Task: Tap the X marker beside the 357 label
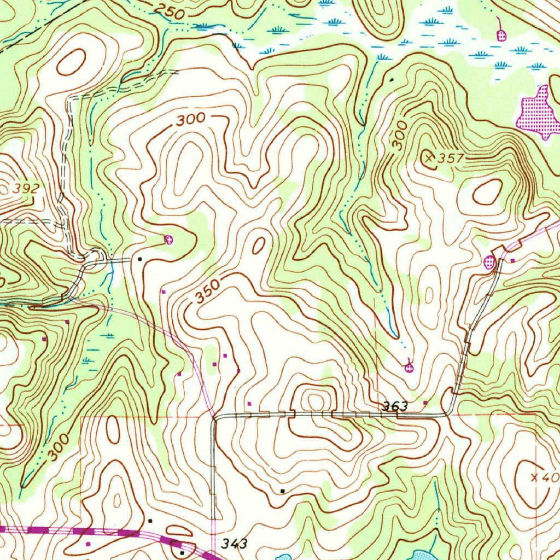[430, 157]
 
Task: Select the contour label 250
[168, 11]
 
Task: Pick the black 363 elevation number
[395, 406]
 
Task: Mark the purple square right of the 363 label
[425, 403]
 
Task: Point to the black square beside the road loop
[140, 258]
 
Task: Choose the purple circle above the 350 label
[169, 239]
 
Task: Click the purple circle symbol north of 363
[409, 368]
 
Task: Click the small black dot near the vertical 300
[391, 80]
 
